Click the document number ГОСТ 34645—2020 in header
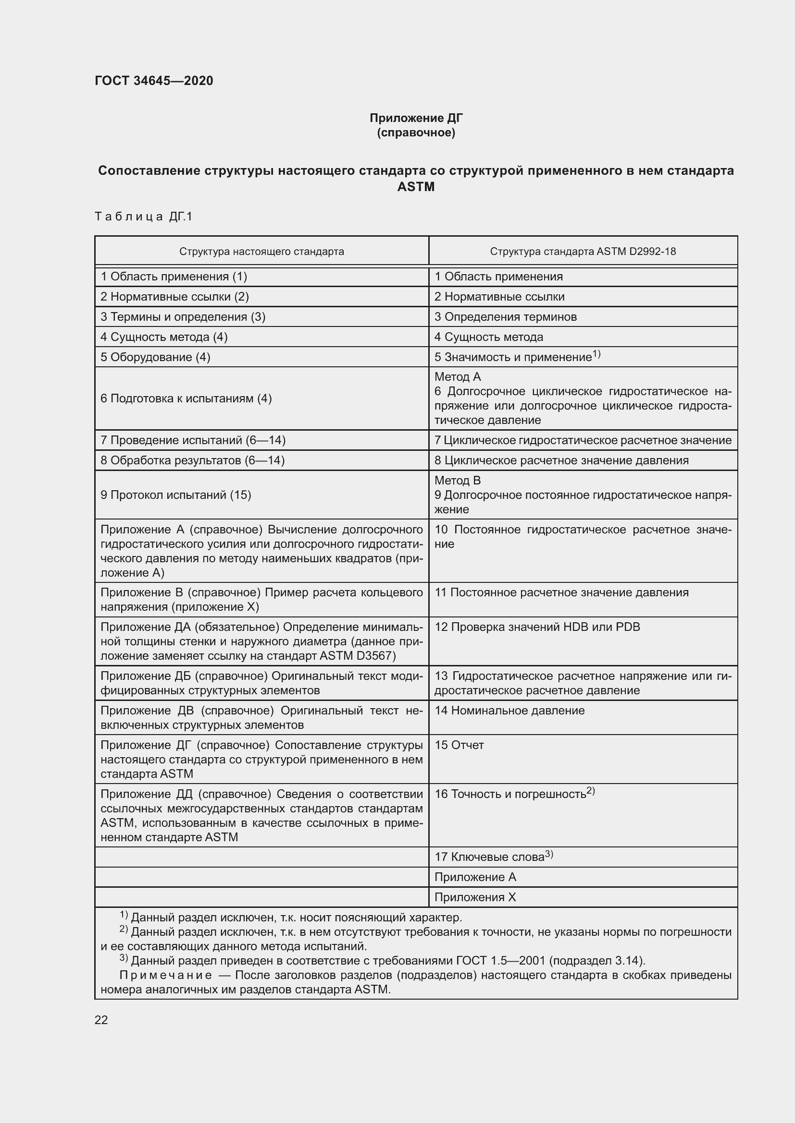154,81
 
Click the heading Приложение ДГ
416,118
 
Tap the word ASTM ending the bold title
416,187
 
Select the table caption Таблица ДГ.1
143,216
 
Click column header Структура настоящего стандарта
261,252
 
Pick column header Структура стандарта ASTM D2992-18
583,252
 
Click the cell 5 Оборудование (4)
155,357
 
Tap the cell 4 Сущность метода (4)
164,337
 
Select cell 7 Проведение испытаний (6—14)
193,440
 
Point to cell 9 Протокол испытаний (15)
176,495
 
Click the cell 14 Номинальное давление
509,711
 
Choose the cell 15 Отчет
459,745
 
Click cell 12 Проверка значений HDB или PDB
537,627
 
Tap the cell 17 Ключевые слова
489,857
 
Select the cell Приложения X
475,897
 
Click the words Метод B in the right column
457,480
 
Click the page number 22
101,1020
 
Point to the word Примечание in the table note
165,975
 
